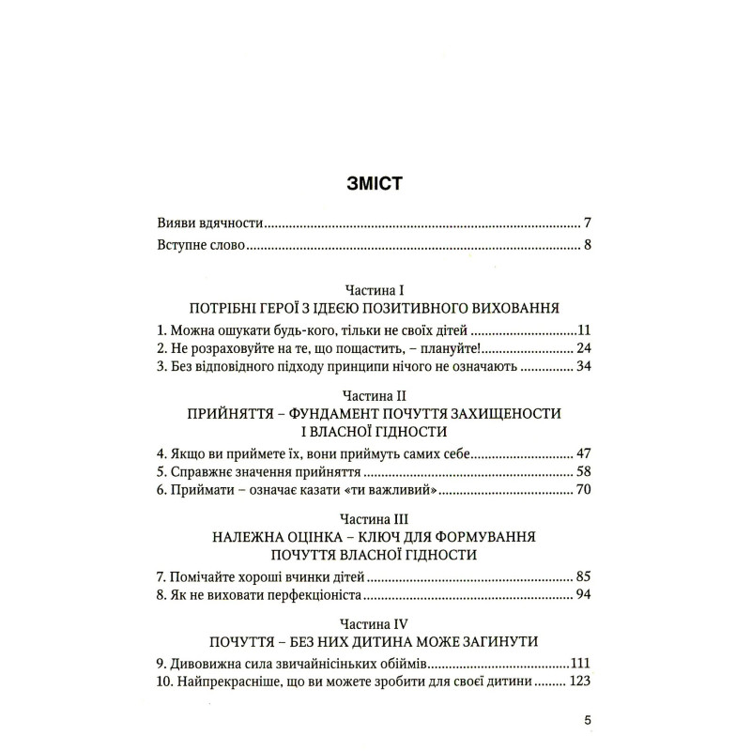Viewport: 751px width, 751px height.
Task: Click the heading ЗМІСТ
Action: click(375, 182)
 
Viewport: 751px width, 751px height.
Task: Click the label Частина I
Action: click(375, 290)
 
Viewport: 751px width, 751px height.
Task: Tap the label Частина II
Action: click(375, 397)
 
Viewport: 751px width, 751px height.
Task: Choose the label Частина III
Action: click(375, 519)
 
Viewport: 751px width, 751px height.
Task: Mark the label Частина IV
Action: click(375, 623)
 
